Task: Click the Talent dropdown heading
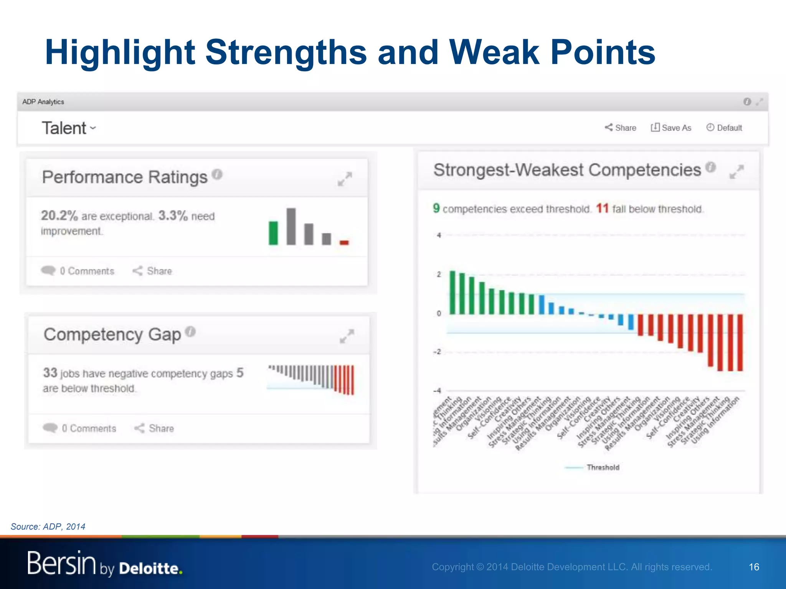[x=68, y=128]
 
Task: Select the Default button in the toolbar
[x=724, y=128]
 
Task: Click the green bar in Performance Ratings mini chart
[x=273, y=233]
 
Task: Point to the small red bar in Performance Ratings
[x=344, y=242]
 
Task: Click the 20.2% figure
[x=59, y=216]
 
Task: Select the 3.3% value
[x=173, y=216]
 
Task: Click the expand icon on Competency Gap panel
[x=347, y=336]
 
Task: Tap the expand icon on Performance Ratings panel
[x=345, y=179]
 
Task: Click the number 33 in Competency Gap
[x=50, y=373]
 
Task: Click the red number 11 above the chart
[x=602, y=209]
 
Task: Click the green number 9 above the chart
[x=436, y=208]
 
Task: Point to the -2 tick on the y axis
[x=438, y=352]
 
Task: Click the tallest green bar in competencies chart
[x=452, y=293]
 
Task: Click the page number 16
[x=754, y=567]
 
